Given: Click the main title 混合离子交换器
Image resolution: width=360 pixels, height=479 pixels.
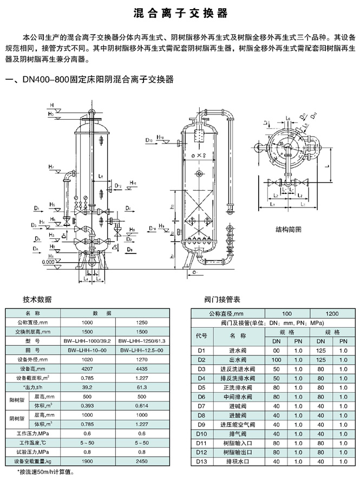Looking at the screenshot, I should coord(180,12).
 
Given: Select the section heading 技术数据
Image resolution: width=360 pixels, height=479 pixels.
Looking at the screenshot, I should coord(37,299).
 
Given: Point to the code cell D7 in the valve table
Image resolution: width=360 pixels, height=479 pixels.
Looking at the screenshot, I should coord(202,405).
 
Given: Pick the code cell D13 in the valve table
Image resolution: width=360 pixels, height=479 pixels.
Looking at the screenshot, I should coord(202,461).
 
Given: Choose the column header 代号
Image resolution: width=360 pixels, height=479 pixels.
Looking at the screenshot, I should coord(202,336).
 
